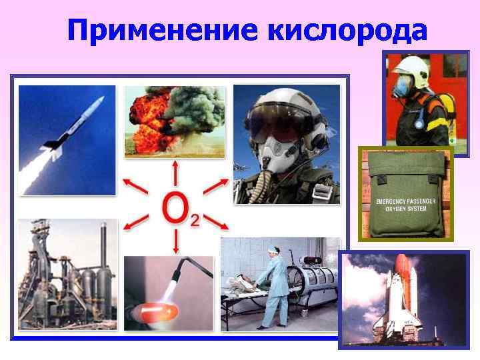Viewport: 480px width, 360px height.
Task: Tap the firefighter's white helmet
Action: (x=407, y=66)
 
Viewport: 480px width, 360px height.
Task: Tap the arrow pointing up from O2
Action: (x=175, y=172)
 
